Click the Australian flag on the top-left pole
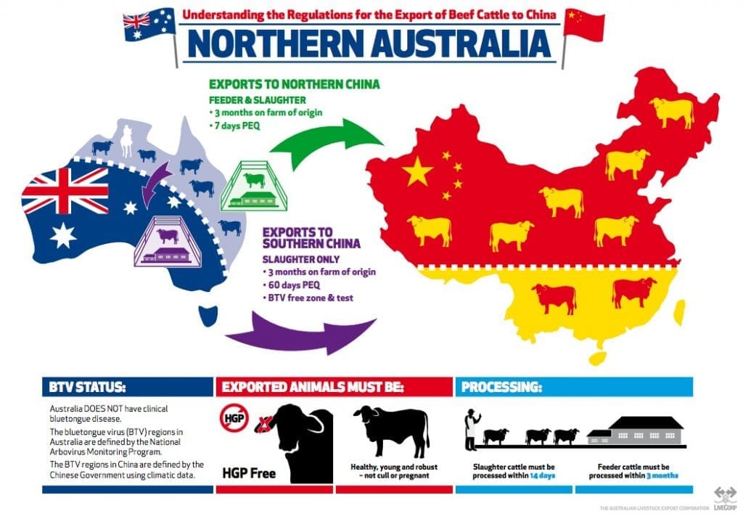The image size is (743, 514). click(x=149, y=24)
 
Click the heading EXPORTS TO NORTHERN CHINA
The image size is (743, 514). click(x=294, y=84)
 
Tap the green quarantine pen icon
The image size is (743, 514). click(x=254, y=189)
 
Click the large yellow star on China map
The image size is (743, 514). click(x=417, y=171)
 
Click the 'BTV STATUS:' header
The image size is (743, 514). click(x=78, y=386)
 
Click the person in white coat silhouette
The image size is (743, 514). click(x=472, y=429)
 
